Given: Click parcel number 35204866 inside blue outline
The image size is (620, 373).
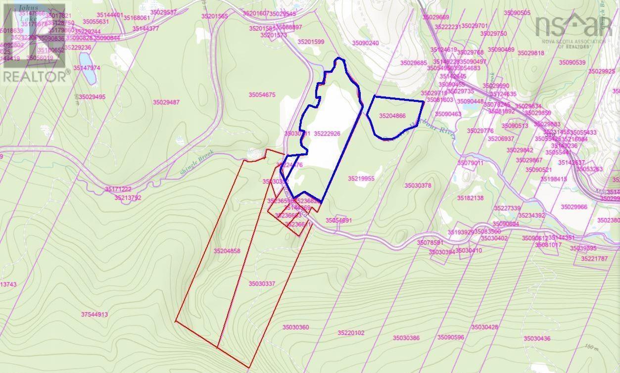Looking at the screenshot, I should tap(392, 116).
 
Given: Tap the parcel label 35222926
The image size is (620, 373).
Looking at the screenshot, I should tap(327, 134).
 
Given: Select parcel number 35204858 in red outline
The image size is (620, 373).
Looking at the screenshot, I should tap(227, 251).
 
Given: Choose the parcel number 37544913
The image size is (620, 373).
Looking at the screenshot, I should tap(94, 315).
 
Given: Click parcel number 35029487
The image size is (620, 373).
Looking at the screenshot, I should tap(166, 102).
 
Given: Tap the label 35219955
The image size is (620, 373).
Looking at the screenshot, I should tap(361, 179).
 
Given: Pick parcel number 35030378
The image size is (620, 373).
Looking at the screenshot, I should tap(418, 186).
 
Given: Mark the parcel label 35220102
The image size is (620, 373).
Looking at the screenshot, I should tap(351, 333).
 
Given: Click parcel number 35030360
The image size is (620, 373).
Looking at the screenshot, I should tap(296, 327).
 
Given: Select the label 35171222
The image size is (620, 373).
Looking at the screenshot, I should tap(118, 189).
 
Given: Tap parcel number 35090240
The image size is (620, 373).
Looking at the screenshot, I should tap(365, 44).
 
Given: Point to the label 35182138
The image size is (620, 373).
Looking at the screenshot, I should tap(470, 198).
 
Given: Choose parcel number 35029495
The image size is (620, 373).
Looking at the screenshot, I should tap(92, 97).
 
